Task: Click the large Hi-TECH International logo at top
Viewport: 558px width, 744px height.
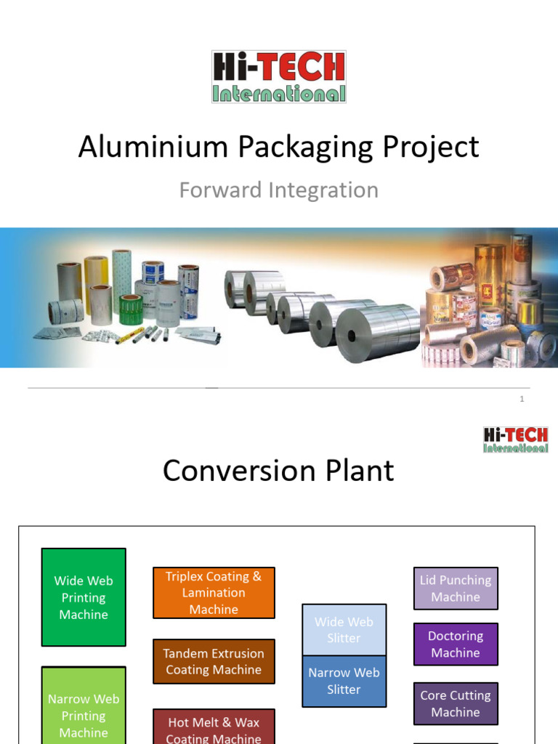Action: (x=279, y=76)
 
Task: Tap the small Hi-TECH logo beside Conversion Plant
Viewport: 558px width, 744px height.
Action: (x=516, y=440)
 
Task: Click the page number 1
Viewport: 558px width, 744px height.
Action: (x=522, y=399)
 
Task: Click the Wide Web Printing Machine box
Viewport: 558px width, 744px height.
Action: (x=84, y=597)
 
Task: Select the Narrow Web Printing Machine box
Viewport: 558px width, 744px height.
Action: (x=84, y=708)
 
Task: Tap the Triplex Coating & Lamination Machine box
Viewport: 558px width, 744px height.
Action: (x=214, y=593)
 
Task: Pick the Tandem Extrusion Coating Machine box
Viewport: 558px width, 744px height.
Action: (x=214, y=661)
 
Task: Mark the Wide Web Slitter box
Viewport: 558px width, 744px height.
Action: (x=344, y=630)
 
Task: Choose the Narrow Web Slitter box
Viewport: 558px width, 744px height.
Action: (x=344, y=682)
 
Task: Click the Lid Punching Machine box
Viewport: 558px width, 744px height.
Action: (x=456, y=589)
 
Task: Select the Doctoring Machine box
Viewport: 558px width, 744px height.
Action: (x=456, y=644)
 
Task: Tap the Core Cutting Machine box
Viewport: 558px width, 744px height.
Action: (x=456, y=703)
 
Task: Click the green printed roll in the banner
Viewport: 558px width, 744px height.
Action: (x=131, y=309)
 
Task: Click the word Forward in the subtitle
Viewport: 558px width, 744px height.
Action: (x=221, y=190)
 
